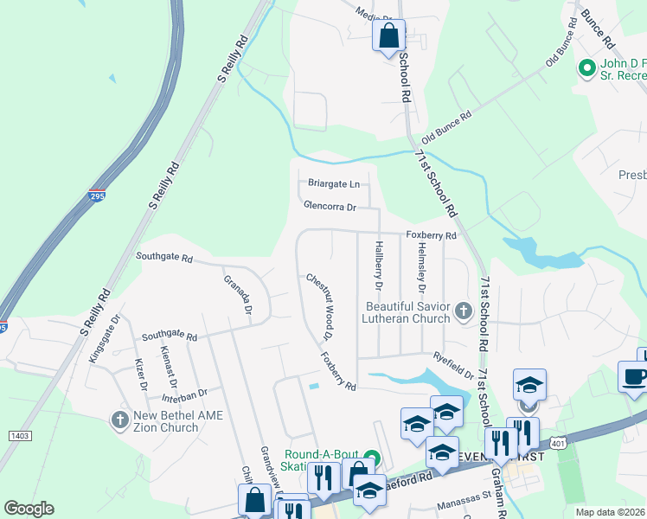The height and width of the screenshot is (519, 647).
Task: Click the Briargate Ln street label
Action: click(x=334, y=183)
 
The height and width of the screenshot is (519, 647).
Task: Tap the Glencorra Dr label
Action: click(x=330, y=207)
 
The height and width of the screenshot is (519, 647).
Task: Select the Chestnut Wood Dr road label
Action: click(x=317, y=305)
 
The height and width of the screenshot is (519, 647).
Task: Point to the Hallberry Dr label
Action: click(x=378, y=265)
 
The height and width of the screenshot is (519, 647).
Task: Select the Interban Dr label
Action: click(x=184, y=394)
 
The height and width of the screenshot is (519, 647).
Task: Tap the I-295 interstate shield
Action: click(x=97, y=197)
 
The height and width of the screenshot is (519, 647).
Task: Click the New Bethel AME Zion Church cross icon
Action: click(x=120, y=420)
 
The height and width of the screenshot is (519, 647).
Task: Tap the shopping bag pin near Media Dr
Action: click(x=388, y=35)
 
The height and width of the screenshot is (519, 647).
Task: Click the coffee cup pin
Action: click(x=632, y=376)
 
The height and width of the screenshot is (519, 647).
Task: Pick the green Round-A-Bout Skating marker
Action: click(x=373, y=457)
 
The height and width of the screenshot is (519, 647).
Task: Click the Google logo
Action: click(x=29, y=509)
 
